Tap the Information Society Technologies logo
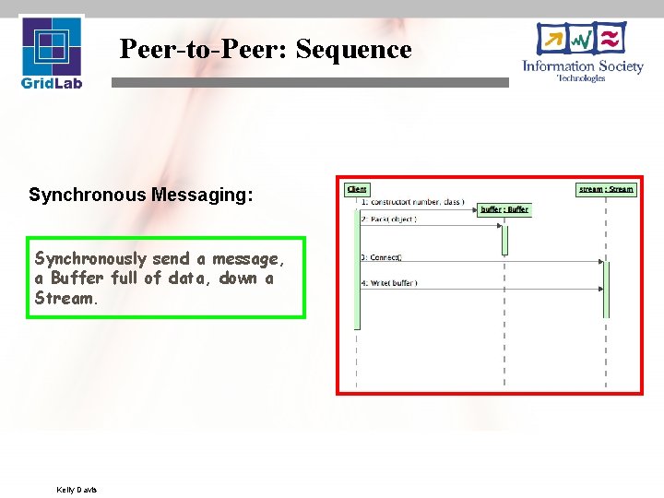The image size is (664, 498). (582, 53)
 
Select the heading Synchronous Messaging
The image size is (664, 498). (140, 195)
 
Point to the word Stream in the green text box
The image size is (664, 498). (64, 298)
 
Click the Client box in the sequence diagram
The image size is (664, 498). (357, 189)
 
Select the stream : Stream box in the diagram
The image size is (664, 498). (606, 189)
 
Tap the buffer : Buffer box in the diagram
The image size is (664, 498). (504, 209)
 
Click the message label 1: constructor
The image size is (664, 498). (412, 201)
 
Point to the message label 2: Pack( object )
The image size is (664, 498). (388, 219)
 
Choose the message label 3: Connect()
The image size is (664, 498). (381, 257)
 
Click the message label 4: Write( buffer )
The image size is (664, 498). (388, 283)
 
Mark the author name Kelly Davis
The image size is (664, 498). (77, 489)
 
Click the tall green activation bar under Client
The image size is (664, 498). (357, 267)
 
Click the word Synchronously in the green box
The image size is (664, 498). (92, 259)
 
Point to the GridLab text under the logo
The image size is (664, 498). (52, 83)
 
